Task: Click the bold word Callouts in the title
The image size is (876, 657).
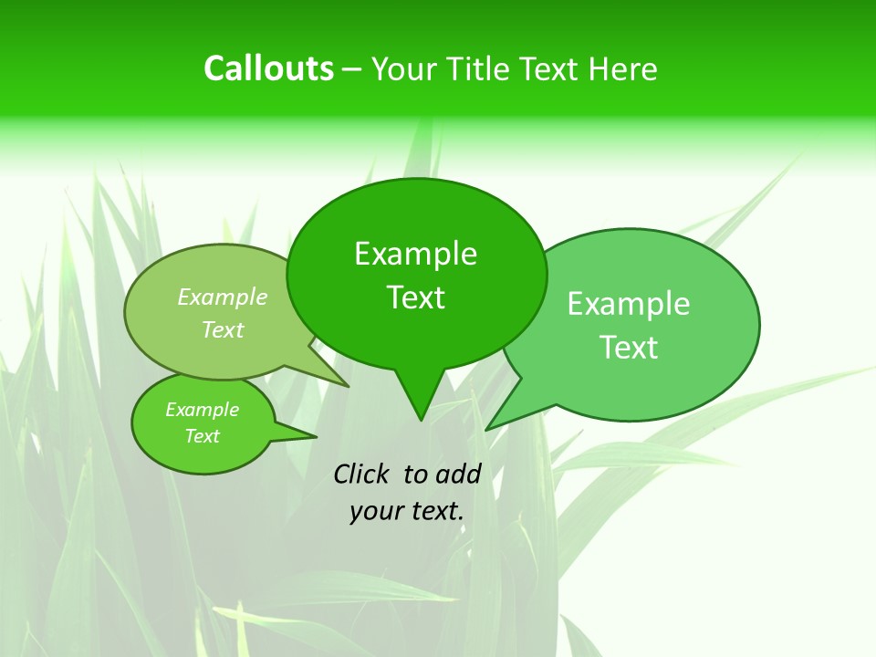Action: click(268, 68)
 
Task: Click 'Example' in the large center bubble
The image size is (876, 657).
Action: click(415, 254)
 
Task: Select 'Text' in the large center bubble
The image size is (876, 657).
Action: click(415, 297)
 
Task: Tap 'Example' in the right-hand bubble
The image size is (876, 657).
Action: click(629, 304)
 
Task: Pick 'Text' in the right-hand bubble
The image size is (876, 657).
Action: click(629, 348)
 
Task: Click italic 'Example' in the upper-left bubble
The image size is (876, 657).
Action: click(222, 297)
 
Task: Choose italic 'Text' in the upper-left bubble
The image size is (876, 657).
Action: click(222, 329)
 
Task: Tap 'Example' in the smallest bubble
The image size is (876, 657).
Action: click(202, 410)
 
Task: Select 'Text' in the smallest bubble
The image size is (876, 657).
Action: click(202, 436)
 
